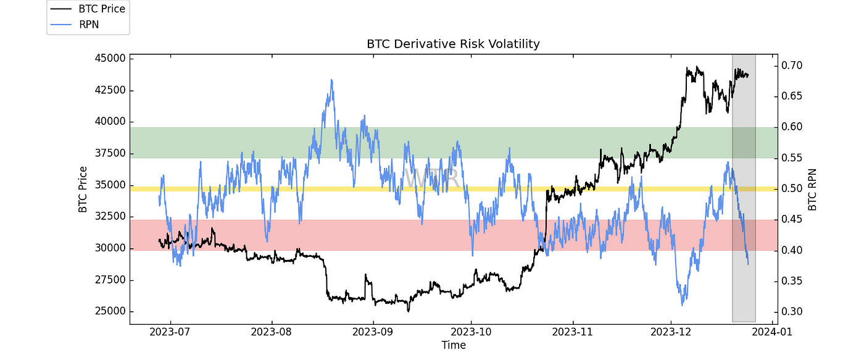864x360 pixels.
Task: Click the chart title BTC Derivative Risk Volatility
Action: tap(453, 44)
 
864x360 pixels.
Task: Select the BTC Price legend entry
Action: tap(99, 9)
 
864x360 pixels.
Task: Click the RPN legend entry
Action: tap(88, 24)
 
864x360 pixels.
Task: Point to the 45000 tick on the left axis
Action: tap(108, 59)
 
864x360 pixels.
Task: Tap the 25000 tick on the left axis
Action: tap(108, 311)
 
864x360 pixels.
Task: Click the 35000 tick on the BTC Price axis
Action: tap(108, 185)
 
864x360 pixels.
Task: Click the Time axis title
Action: tap(453, 345)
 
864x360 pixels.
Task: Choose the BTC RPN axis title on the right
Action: tap(812, 190)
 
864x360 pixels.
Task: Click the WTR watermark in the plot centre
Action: tap(432, 178)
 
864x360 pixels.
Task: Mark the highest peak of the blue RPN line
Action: tap(331, 80)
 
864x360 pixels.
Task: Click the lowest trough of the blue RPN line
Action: tap(682, 304)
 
